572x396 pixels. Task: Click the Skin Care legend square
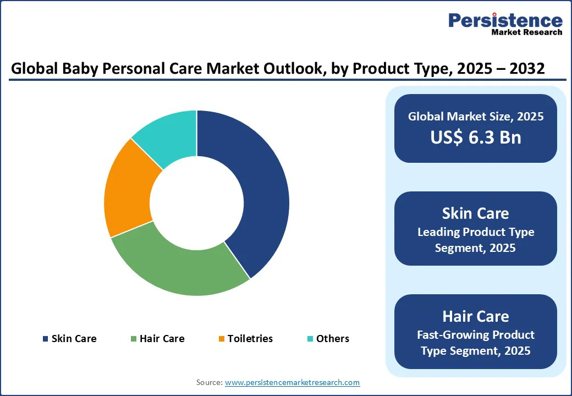(45, 339)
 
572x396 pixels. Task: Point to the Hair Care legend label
(162, 339)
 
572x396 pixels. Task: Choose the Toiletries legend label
(250, 339)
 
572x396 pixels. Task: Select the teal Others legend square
(311, 339)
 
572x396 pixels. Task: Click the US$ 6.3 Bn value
(476, 137)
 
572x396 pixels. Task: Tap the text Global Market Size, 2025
(476, 117)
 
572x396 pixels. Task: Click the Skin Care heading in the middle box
(476, 213)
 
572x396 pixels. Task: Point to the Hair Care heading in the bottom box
(476, 316)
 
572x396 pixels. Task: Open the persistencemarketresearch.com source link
(292, 382)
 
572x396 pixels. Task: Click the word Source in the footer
(209, 382)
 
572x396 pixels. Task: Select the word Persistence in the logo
(505, 20)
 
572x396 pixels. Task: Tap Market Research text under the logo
(527, 32)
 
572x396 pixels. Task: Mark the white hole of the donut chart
(196, 203)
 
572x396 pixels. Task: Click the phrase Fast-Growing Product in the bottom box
(476, 335)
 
